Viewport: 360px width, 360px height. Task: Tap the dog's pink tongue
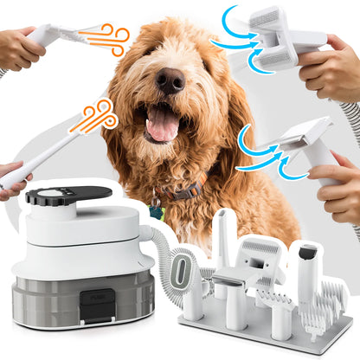pos(161,126)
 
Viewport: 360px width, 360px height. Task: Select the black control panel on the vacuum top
pos(65,196)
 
